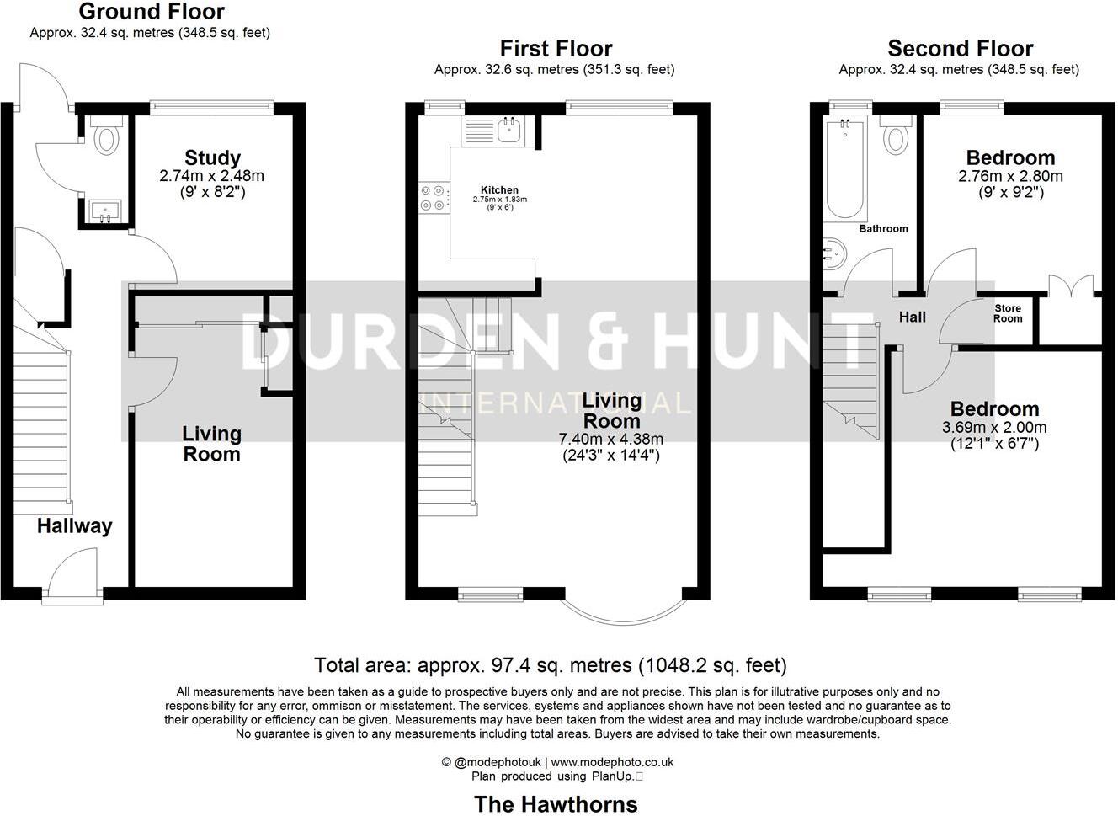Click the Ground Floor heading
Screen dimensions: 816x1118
pyautogui.click(x=152, y=12)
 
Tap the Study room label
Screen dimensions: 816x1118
pyautogui.click(x=212, y=157)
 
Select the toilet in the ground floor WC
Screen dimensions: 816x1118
pyautogui.click(x=106, y=136)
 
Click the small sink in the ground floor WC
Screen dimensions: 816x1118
pyautogui.click(x=106, y=211)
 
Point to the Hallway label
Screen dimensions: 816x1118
pyautogui.click(x=74, y=526)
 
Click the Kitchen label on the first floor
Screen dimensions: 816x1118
pyautogui.click(x=499, y=189)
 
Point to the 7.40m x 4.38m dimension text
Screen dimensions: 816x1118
pyautogui.click(x=611, y=439)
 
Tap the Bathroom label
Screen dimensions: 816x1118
pyautogui.click(x=883, y=228)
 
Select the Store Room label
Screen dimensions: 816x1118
pyautogui.click(x=1007, y=313)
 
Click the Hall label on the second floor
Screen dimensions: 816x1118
pyautogui.click(x=912, y=317)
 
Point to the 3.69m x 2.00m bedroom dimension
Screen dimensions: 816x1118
pyautogui.click(x=994, y=428)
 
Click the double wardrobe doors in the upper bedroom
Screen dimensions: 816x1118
pyautogui.click(x=1070, y=286)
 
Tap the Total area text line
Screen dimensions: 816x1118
pyautogui.click(x=550, y=665)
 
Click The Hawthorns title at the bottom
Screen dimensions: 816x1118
pyautogui.click(x=556, y=803)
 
